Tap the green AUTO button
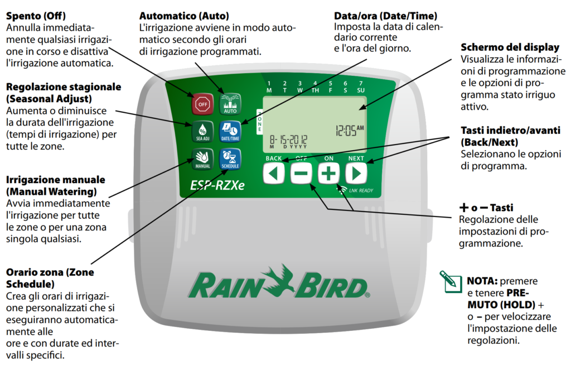coord(230,103)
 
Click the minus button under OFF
coord(301,174)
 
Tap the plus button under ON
coord(328,174)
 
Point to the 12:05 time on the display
coord(349,130)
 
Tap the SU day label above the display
coord(360,90)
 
